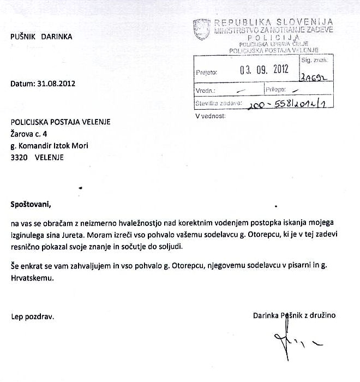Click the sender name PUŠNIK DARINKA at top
tap(41, 37)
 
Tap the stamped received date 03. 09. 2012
tap(262, 70)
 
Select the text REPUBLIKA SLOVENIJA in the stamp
tap(273, 22)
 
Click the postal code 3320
tap(19, 157)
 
